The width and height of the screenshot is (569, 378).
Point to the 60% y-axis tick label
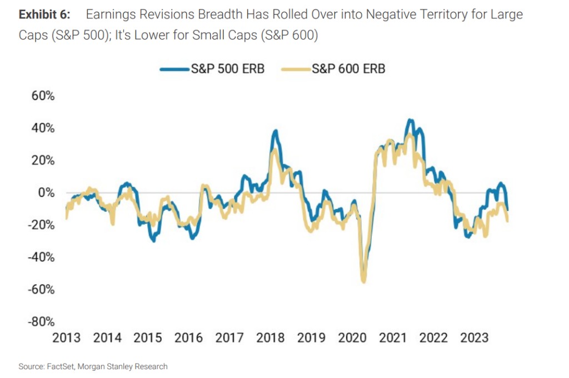click(43, 96)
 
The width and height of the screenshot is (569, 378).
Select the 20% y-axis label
click(43, 160)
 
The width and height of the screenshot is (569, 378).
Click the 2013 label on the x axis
click(67, 337)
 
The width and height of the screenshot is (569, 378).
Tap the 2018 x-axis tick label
click(271, 337)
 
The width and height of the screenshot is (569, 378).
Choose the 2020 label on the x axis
click(352, 337)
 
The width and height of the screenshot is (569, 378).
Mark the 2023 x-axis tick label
click(475, 337)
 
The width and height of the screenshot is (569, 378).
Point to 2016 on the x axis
click(189, 337)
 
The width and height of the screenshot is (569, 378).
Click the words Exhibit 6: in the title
click(44, 14)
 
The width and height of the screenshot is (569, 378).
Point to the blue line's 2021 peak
click(410, 120)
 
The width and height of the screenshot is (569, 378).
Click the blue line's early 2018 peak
click(276, 131)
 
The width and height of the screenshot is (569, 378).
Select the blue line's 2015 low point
click(153, 241)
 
